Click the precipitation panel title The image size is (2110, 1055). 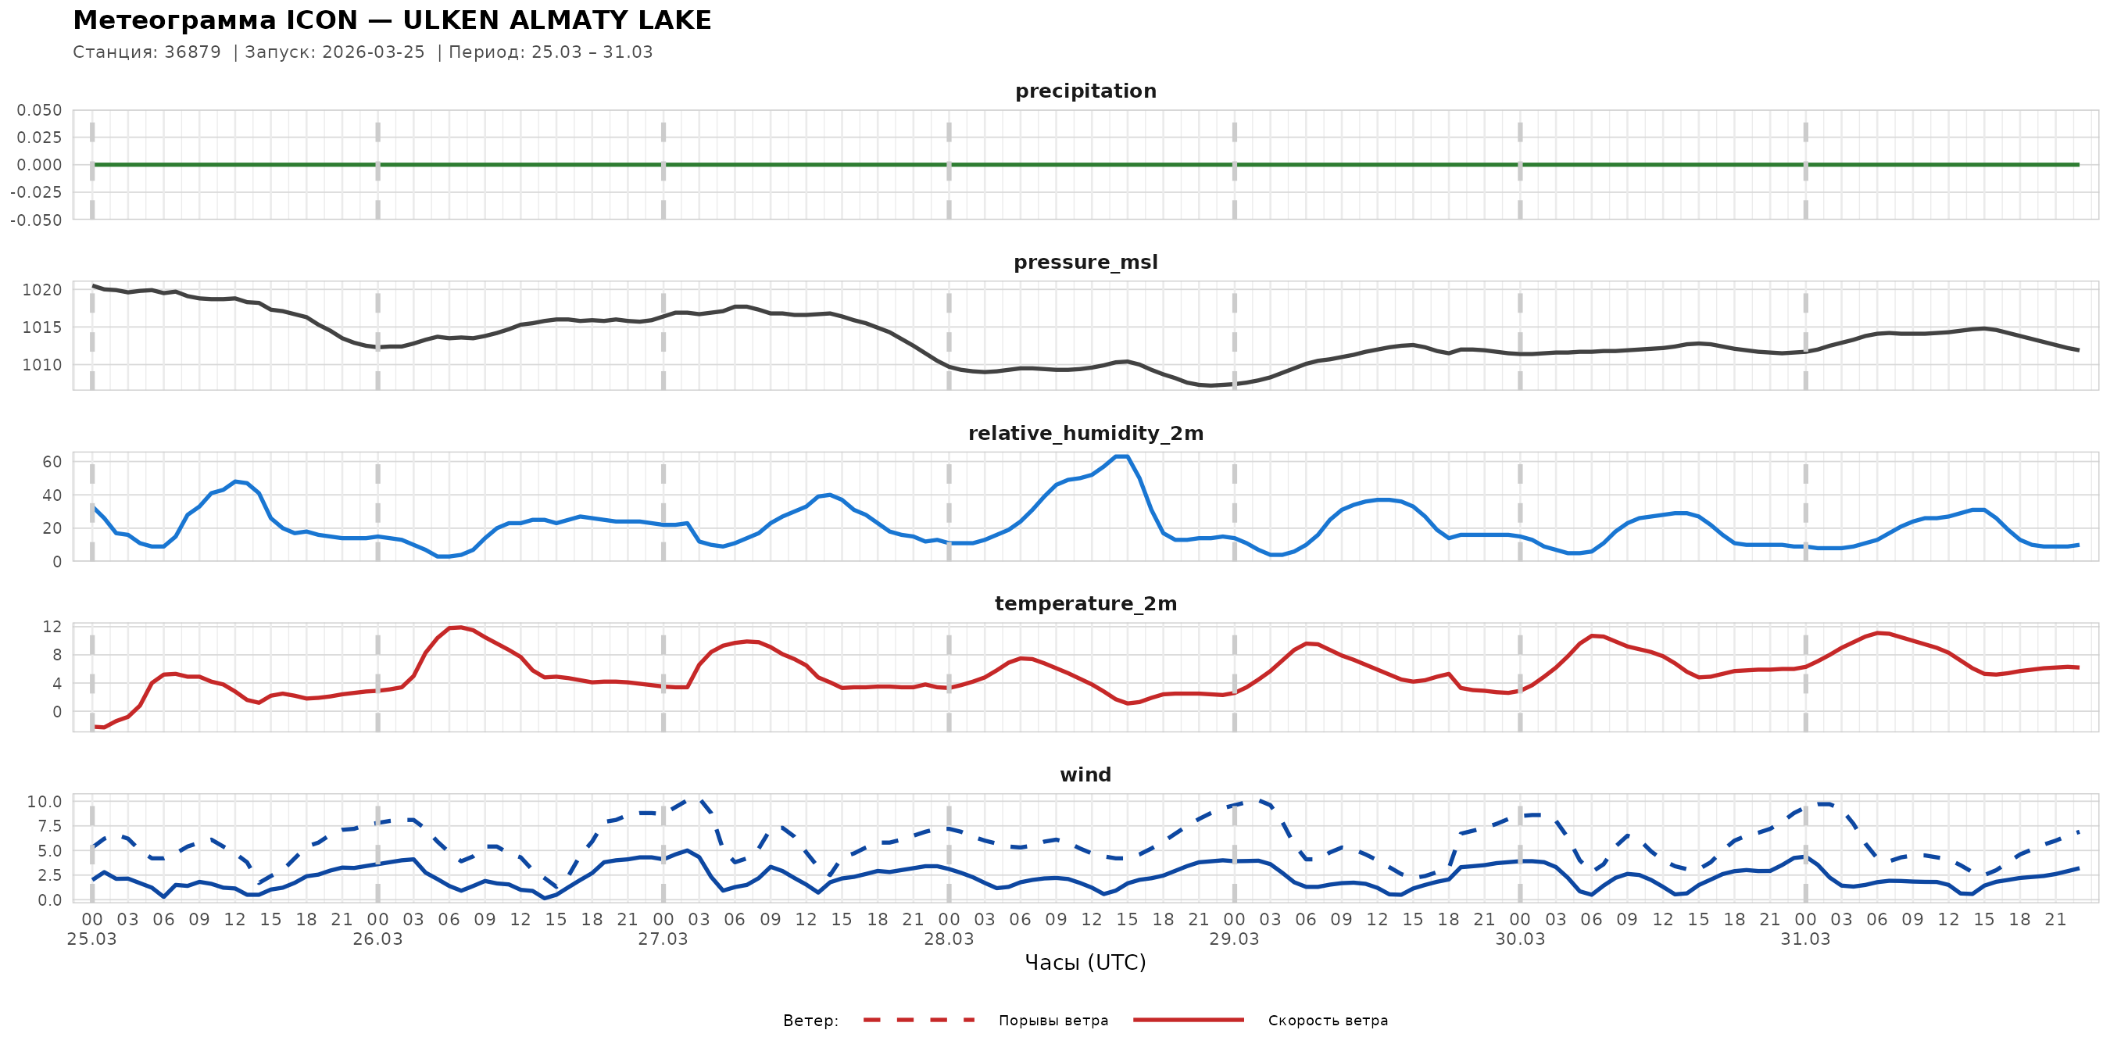pyautogui.click(x=1085, y=91)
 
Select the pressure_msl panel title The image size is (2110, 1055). pyautogui.click(x=1085, y=262)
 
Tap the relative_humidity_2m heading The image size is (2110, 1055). pyautogui.click(x=1085, y=433)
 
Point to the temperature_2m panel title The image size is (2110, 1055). pyautogui.click(x=1085, y=603)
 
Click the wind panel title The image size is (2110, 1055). pyautogui.click(x=1085, y=775)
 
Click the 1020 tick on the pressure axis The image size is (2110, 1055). pyautogui.click(x=41, y=290)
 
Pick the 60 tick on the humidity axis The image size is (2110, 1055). pyautogui.click(x=52, y=462)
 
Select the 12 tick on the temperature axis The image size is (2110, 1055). pyautogui.click(x=52, y=627)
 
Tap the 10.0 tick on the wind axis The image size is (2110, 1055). pyautogui.click(x=45, y=802)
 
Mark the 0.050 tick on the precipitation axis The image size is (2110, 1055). pyautogui.click(x=39, y=110)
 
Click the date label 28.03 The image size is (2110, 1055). pyautogui.click(x=949, y=939)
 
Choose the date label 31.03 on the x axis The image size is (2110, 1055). pyautogui.click(x=1805, y=939)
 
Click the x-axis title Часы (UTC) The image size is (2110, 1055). pyautogui.click(x=1085, y=963)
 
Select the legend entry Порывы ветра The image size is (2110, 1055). pyautogui.click(x=1053, y=1021)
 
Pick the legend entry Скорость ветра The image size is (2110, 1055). pyautogui.click(x=1327, y=1021)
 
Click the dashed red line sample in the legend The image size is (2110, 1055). pyautogui.click(x=918, y=1020)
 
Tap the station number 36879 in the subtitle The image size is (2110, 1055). pyautogui.click(x=192, y=52)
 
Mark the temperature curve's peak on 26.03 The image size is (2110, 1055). pyautogui.click(x=460, y=628)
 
